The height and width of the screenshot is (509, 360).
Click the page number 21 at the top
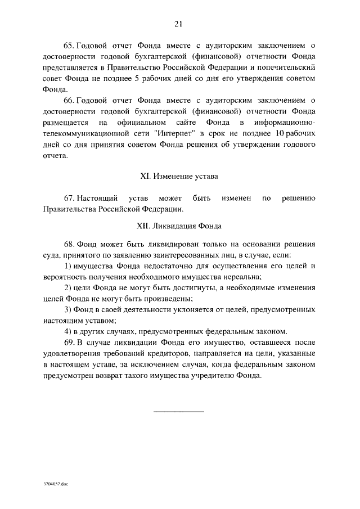[x=179, y=24]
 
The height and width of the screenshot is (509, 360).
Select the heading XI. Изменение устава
[x=179, y=176]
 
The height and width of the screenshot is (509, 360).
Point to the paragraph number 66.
[x=69, y=101]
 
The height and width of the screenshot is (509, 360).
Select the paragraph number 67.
[x=69, y=199]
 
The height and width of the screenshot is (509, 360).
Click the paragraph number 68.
[x=69, y=246]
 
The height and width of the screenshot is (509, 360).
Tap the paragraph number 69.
[x=69, y=343]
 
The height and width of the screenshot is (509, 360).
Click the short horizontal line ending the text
[x=179, y=412]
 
